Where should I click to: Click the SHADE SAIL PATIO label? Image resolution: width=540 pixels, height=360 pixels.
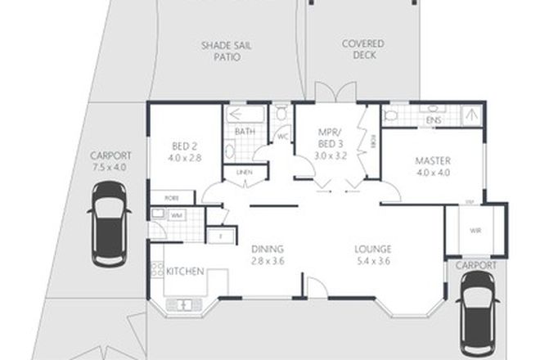pyautogui.click(x=227, y=52)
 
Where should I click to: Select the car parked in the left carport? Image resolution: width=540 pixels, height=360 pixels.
pyautogui.click(x=109, y=224)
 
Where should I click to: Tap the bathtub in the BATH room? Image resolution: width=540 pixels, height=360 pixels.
pyautogui.click(x=245, y=115)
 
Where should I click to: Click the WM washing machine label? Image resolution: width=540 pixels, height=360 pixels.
pyautogui.click(x=177, y=214)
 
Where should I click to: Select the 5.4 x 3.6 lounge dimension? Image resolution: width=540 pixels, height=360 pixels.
pyautogui.click(x=372, y=262)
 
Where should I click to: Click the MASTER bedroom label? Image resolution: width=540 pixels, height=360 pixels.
pyautogui.click(x=434, y=161)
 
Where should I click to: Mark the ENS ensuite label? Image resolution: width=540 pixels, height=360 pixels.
pyautogui.click(x=434, y=121)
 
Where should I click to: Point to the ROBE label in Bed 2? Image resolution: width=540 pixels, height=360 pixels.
pyautogui.click(x=173, y=197)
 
